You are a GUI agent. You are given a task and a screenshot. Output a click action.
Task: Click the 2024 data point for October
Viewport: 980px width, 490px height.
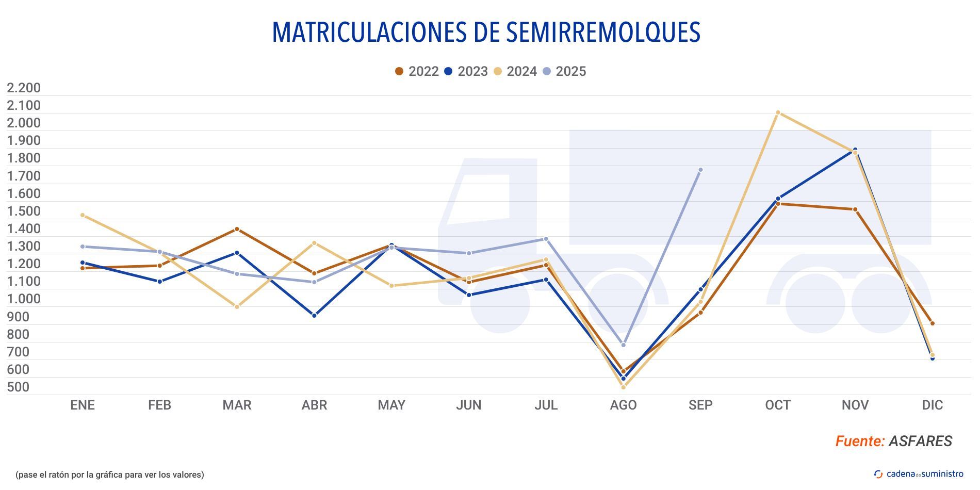click(x=778, y=112)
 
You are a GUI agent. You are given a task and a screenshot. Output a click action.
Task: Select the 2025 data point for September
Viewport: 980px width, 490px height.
click(x=700, y=170)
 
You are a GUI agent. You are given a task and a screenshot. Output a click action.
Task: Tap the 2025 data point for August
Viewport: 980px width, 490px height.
click(x=623, y=345)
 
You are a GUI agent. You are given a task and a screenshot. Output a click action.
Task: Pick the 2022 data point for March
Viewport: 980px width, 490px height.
click(x=237, y=229)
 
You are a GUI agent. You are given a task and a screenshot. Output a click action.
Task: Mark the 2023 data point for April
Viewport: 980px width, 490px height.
click(x=314, y=315)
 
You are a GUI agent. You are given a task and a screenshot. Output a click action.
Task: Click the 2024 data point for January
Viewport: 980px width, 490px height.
click(x=83, y=215)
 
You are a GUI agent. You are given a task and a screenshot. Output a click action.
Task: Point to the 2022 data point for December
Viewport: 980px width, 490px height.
click(x=932, y=323)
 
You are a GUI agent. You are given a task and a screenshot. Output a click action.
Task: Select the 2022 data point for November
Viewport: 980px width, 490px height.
click(x=855, y=209)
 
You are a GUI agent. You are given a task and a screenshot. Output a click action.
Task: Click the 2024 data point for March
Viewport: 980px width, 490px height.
click(x=237, y=307)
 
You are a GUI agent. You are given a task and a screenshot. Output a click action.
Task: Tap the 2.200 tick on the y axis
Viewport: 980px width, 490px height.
click(x=24, y=88)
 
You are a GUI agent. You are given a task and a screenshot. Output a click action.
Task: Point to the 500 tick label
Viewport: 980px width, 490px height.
click(x=18, y=387)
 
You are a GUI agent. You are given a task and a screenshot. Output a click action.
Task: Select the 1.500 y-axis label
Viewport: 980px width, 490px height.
click(x=24, y=211)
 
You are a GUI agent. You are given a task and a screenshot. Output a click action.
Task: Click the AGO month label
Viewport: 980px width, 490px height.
click(x=623, y=405)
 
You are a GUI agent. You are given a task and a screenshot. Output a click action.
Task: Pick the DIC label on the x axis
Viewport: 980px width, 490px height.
click(x=932, y=405)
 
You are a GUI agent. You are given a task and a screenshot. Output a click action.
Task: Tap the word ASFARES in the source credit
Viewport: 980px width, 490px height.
click(x=920, y=442)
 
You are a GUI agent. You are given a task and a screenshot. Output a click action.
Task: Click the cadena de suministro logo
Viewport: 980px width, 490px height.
click(x=919, y=474)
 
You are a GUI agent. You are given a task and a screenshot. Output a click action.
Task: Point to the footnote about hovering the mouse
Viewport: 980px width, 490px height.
click(x=110, y=475)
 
